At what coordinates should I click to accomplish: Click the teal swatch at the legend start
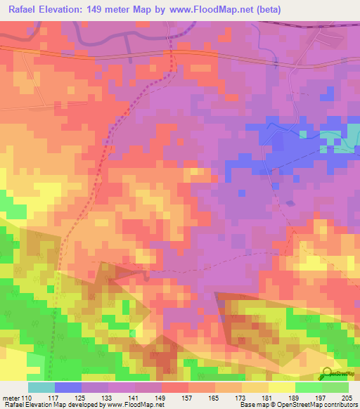(x=41, y=387)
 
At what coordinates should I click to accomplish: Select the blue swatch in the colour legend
(x=68, y=387)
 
